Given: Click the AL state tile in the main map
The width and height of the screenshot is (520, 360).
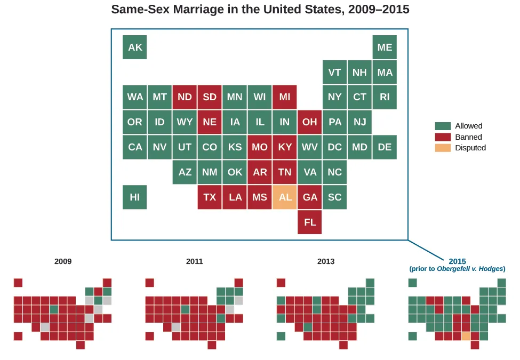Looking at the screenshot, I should coord(285,197).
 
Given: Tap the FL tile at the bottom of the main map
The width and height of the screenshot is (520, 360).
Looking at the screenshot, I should coord(310,222).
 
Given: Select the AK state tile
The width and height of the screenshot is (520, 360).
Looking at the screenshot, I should coord(135,47).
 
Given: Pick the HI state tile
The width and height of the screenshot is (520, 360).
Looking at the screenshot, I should coord(135,197).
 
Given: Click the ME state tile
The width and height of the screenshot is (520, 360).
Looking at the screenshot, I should coord(385,47).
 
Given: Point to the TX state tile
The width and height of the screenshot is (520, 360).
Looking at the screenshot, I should coord(210,197).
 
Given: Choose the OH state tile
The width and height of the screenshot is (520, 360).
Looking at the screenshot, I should coord(310,122).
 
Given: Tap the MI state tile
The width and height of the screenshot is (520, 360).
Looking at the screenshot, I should coord(285,97).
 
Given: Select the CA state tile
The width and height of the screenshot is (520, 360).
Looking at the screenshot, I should coord(135,147).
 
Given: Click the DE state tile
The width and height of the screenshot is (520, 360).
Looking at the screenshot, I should coord(385,147).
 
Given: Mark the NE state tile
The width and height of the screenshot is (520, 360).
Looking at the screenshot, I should coord(210,122).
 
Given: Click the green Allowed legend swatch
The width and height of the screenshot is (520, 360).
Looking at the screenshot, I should coord(443,126).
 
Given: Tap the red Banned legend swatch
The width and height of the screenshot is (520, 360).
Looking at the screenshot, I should coord(443,137).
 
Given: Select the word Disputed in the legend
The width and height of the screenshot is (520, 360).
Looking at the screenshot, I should coord(470,148).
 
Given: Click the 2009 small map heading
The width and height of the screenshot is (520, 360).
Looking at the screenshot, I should coord(63,261).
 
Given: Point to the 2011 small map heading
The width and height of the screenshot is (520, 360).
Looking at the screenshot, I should coord(195,261).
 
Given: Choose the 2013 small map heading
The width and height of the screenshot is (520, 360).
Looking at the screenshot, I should coord(326,261).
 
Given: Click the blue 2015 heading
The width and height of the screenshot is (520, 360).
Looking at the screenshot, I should coord(457,261).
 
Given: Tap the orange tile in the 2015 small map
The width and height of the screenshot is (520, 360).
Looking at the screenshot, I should coord(466,337).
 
